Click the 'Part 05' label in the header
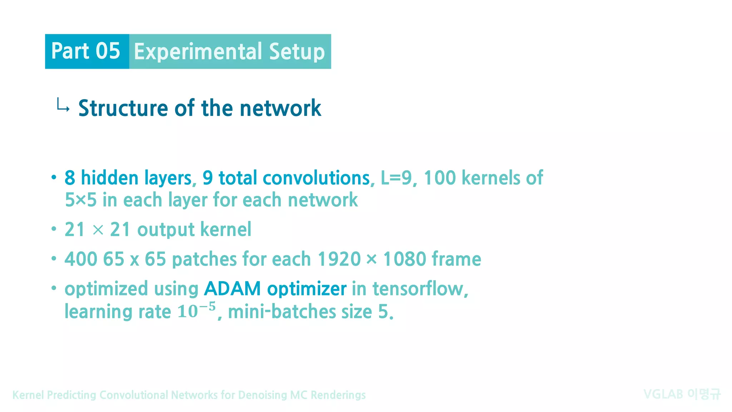coord(86,51)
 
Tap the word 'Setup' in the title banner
coord(297,52)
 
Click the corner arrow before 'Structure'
coord(63,106)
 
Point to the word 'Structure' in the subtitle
coord(123,108)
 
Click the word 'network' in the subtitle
coord(280,108)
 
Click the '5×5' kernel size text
coord(81,200)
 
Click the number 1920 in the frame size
coord(339,259)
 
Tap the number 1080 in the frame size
coord(405,259)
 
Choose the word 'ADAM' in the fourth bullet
coord(232,289)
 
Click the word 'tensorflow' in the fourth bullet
coord(418,289)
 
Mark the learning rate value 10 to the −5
coord(197,310)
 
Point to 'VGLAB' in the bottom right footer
coord(663,394)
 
